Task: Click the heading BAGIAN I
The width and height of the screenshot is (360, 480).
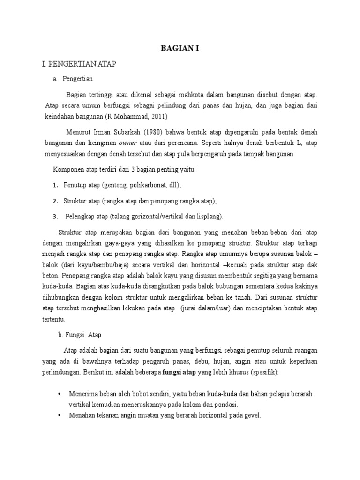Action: (x=180, y=48)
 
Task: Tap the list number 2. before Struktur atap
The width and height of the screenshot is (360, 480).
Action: (x=55, y=201)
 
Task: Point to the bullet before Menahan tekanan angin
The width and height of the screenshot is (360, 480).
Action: (x=59, y=415)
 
